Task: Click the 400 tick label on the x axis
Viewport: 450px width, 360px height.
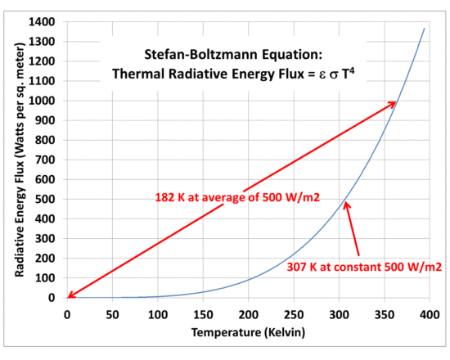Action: pos(429,313)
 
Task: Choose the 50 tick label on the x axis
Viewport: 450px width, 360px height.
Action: pos(112,313)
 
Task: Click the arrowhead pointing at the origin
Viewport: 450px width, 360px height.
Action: pos(70,296)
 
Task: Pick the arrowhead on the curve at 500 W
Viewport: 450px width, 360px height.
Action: pos(346,204)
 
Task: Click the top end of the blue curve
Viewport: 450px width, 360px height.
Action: pos(425,29)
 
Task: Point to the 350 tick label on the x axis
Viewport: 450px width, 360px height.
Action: pos(384,313)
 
